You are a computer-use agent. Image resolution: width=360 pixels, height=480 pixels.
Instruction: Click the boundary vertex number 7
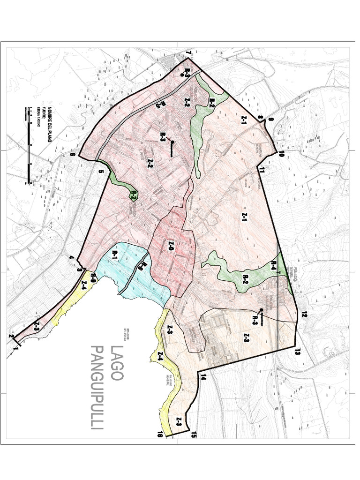tap(190, 55)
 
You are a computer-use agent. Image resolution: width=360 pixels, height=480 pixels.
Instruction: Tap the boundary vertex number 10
tap(282, 154)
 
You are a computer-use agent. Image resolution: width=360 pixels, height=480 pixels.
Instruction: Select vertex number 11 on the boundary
tap(262, 170)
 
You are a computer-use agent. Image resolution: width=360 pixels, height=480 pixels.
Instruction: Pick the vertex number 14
tap(203, 376)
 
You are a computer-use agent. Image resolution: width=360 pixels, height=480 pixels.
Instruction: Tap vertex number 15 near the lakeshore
tap(193, 435)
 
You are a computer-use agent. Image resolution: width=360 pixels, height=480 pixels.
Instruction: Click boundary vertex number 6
tap(73, 155)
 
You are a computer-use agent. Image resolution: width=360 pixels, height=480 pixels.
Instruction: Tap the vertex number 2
tap(10, 336)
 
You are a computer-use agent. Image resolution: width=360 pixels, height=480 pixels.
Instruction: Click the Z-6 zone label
tap(170, 244)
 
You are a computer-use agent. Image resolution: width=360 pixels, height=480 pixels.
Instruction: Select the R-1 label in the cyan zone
tap(115, 255)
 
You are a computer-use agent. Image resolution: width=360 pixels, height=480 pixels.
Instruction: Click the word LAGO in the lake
tap(116, 363)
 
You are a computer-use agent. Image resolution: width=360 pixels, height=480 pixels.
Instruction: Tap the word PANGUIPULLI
tap(97, 388)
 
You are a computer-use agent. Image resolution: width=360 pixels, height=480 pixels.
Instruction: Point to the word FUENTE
tap(43, 113)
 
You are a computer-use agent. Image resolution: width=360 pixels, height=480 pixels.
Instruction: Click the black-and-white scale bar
tap(29, 145)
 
